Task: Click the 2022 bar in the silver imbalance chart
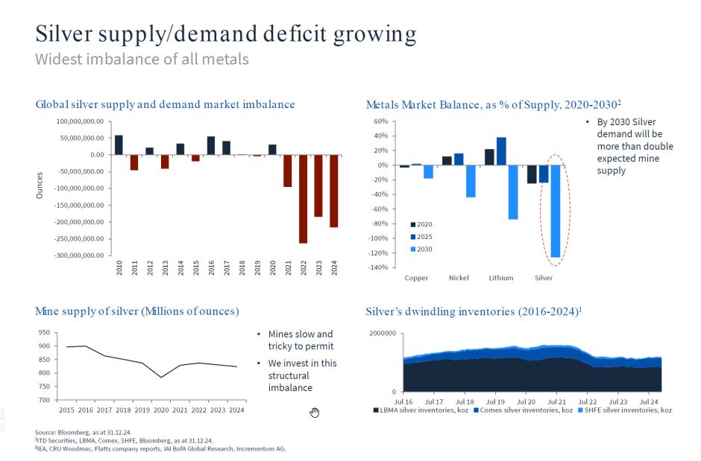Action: coord(303,199)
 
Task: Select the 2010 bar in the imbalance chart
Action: coord(119,145)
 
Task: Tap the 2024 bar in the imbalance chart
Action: coord(334,191)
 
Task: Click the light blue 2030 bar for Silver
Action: coord(555,211)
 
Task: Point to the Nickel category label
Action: coord(459,278)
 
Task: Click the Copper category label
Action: coord(416,278)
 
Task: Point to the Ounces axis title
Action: coord(40,186)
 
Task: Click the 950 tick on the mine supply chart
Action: coord(44,333)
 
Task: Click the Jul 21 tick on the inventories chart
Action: coord(556,401)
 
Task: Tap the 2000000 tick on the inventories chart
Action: coord(383,334)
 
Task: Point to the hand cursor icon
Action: coord(315,413)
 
